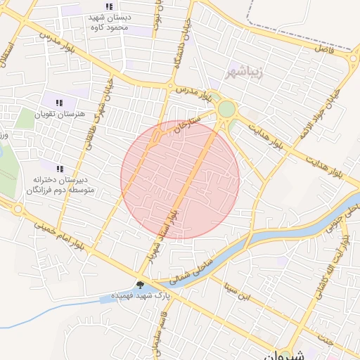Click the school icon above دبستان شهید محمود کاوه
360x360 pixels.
pyautogui.click(x=108, y=6)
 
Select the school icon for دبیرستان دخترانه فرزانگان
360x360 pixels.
pyautogui.click(x=60, y=169)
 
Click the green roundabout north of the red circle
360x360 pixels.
pyautogui.click(x=226, y=109)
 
